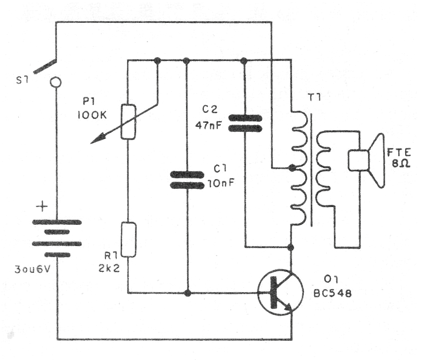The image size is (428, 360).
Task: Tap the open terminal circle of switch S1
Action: click(56, 83)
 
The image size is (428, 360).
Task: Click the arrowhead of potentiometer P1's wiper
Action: click(95, 140)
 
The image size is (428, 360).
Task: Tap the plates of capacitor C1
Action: click(187, 180)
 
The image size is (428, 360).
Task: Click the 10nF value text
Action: click(220, 183)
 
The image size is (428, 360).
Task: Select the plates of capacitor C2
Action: click(244, 123)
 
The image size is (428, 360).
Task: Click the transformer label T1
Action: click(313, 98)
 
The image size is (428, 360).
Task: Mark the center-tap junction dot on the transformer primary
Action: click(291, 168)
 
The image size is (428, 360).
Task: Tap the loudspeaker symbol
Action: click(370, 160)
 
